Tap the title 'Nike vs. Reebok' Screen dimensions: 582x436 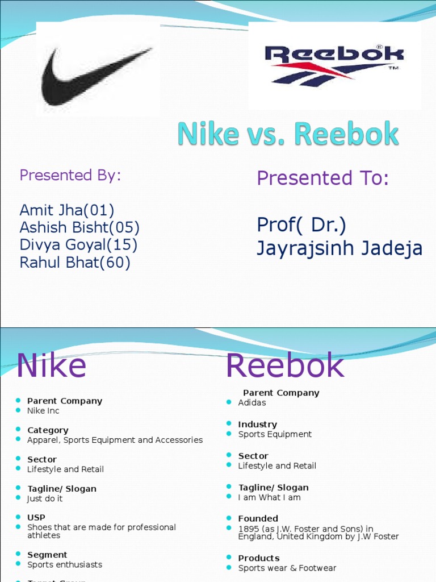(288, 134)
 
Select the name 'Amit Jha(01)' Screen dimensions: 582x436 (67, 210)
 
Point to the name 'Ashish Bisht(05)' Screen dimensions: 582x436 (79, 228)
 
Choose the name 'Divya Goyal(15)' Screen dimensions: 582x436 (78, 245)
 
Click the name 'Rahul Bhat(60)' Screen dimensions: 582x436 (75, 263)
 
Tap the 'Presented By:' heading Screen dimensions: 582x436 (70, 175)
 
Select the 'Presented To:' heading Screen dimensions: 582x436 (322, 178)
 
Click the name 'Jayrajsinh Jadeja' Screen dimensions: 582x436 (339, 248)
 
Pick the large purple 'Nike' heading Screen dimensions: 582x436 (51, 365)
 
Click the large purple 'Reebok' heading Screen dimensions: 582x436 (285, 365)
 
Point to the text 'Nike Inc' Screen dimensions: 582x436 (43, 411)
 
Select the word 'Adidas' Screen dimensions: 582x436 (252, 403)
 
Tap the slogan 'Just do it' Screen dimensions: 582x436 (45, 499)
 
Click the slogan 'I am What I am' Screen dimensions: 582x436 (269, 498)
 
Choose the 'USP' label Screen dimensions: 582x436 (36, 518)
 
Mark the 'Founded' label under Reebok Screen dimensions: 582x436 (258, 518)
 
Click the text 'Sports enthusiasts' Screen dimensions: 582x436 (65, 565)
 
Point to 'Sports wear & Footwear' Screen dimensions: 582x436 (287, 568)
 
